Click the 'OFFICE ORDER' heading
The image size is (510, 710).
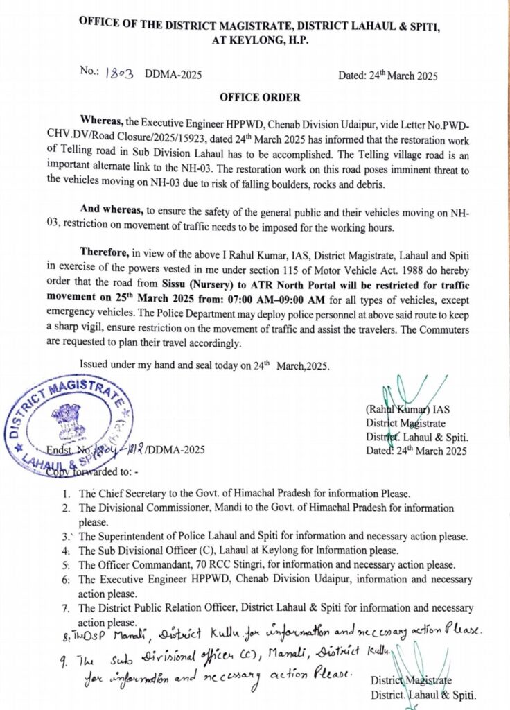[x=254, y=98]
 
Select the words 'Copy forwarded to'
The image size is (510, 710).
[x=87, y=472]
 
